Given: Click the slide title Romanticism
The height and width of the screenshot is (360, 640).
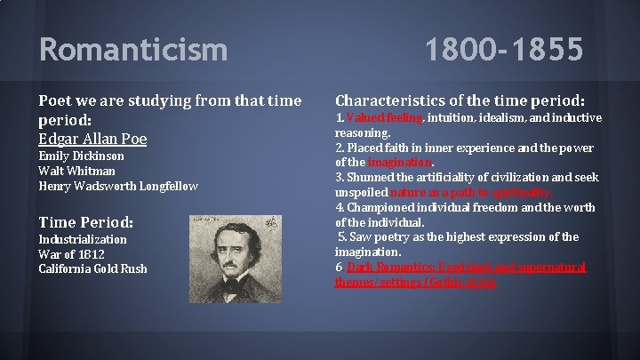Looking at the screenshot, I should click(x=132, y=49).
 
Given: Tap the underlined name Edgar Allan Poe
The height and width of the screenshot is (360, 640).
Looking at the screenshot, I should click(x=93, y=139).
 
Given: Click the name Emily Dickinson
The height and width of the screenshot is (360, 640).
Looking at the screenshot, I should click(x=81, y=156).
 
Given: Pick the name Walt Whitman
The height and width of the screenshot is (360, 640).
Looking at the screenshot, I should click(x=76, y=171).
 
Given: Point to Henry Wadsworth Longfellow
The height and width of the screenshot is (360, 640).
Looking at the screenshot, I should click(x=117, y=186).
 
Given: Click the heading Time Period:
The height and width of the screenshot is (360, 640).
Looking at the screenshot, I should click(x=86, y=221).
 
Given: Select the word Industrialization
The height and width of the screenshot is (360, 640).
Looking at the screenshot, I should click(x=83, y=239).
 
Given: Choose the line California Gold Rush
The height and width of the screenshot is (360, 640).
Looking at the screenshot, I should click(x=93, y=268).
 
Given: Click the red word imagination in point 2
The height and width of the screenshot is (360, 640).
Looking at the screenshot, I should click(x=400, y=163).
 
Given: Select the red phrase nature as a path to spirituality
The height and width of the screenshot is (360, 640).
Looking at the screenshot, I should click(x=476, y=192).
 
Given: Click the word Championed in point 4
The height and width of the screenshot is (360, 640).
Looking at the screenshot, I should click(x=378, y=207).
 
